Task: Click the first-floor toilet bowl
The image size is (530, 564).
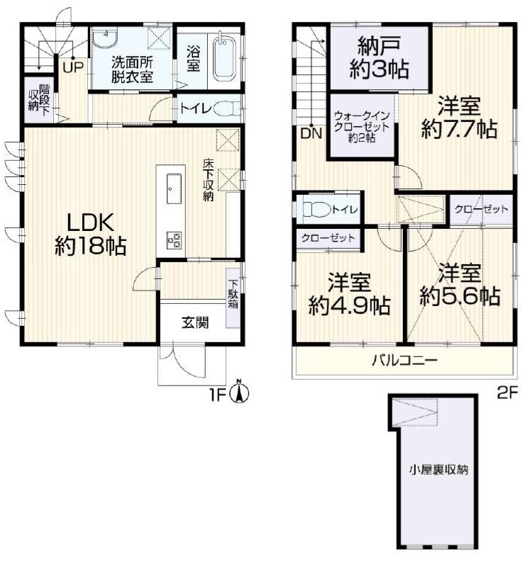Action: coord(227,108)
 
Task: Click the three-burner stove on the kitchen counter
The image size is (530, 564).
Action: coord(174,240)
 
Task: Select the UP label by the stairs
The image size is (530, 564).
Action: coord(73,67)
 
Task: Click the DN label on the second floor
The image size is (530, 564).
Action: coord(311,134)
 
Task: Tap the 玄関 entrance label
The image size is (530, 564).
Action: coord(195,322)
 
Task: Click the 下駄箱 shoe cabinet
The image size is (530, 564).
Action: coord(233,298)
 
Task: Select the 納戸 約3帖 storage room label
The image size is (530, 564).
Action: coord(379,58)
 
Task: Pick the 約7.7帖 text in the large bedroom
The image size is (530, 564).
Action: coord(459,130)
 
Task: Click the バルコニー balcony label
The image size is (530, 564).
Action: coord(405,360)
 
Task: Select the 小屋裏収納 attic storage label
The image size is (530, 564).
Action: coord(438,469)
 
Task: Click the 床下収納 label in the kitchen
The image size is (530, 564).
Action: coord(208,180)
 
